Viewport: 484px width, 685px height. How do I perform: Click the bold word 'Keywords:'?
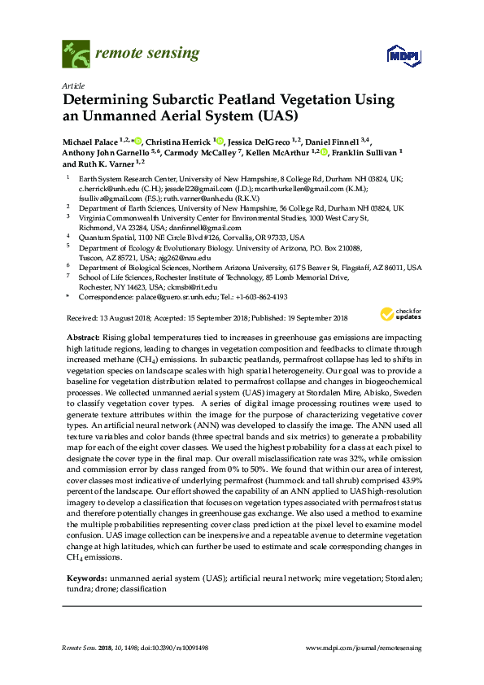click(85, 578)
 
